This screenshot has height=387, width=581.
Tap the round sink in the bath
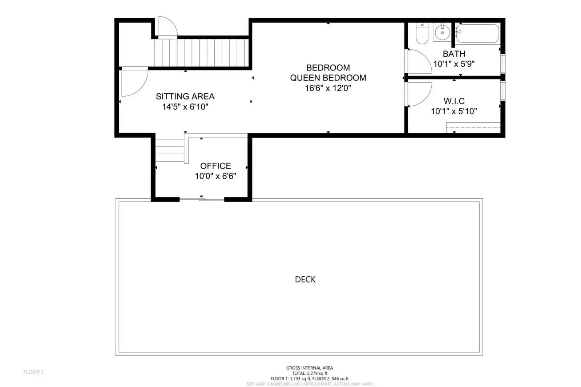pyautogui.click(x=442, y=32)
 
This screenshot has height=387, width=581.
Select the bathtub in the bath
pyautogui.click(x=477, y=33)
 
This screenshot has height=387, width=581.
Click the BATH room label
pyautogui.click(x=454, y=54)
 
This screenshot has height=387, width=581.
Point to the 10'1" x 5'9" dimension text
pyautogui.click(x=454, y=64)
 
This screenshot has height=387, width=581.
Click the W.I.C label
pyautogui.click(x=454, y=101)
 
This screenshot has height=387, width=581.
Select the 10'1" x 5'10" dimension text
pyautogui.click(x=454, y=111)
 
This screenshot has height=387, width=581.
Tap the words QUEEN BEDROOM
pyautogui.click(x=328, y=78)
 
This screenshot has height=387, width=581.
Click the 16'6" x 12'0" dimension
pyautogui.click(x=328, y=88)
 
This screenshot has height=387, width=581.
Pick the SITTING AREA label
pyautogui.click(x=185, y=97)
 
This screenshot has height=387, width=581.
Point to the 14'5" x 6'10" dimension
pyautogui.click(x=185, y=106)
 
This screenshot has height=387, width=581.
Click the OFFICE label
pyautogui.click(x=215, y=166)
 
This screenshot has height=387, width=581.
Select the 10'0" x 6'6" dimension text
pyautogui.click(x=215, y=176)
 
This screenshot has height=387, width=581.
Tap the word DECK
pyautogui.click(x=305, y=280)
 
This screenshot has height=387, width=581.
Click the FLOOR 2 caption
pyautogui.click(x=33, y=372)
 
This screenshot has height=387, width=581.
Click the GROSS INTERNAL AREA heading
pyautogui.click(x=310, y=368)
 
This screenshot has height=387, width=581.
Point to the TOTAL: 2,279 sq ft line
pyautogui.click(x=310, y=373)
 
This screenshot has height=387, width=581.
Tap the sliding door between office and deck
pyautogui.click(x=202, y=199)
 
